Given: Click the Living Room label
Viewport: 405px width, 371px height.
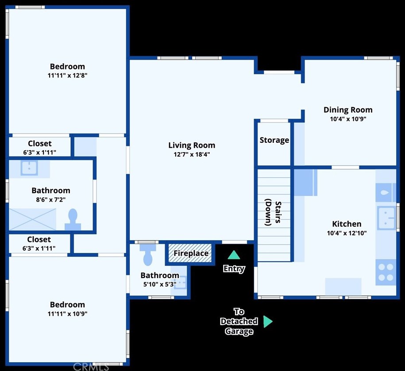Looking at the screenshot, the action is coord(192,145).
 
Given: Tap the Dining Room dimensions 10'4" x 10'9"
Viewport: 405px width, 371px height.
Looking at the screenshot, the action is coord(348,119).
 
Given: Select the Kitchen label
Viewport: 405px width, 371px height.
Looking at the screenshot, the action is coord(347,224).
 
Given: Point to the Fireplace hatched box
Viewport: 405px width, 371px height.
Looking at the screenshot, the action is coord(190,253).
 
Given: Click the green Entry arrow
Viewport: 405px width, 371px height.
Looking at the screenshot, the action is coord(234,255).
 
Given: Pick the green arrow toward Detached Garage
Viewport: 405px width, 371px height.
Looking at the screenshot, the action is coord(268,321).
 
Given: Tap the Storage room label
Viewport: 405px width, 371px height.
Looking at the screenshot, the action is coord(274,140).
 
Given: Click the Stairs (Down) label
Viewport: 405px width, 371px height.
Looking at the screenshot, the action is coord(273,212).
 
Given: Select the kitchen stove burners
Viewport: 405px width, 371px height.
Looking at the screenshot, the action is coord(386,272).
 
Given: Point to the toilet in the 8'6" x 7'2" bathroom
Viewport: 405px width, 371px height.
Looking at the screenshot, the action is coord(73,219).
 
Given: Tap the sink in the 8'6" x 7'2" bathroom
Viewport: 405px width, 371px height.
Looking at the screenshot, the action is coord(29,168).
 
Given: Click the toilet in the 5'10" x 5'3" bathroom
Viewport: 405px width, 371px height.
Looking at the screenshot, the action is coord(148,255).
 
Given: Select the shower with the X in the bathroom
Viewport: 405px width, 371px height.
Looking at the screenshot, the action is coord(33,219).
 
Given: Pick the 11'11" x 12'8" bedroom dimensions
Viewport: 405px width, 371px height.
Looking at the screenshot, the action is coord(67,76).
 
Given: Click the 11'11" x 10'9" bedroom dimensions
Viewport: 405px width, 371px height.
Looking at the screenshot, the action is coord(67,314).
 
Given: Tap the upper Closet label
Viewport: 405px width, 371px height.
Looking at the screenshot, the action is coord(40,143).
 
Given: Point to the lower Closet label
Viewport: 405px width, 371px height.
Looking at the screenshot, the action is coord(39,239).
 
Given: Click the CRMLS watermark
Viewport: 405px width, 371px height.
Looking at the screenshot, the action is coord(91,367).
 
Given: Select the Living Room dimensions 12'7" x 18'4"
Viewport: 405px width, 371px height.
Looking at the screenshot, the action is coord(192,154).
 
